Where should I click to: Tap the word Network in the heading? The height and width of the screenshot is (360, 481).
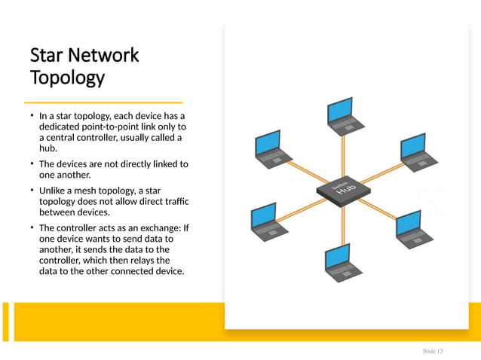pos(105,56)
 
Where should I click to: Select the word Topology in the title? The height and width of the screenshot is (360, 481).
pos(66,78)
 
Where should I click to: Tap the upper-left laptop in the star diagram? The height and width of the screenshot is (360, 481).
pos(269,149)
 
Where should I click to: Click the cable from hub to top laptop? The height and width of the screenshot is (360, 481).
pos(344,154)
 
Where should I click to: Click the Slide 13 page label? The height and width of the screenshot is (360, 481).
pos(433,352)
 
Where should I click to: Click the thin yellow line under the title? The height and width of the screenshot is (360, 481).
pos(103,102)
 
